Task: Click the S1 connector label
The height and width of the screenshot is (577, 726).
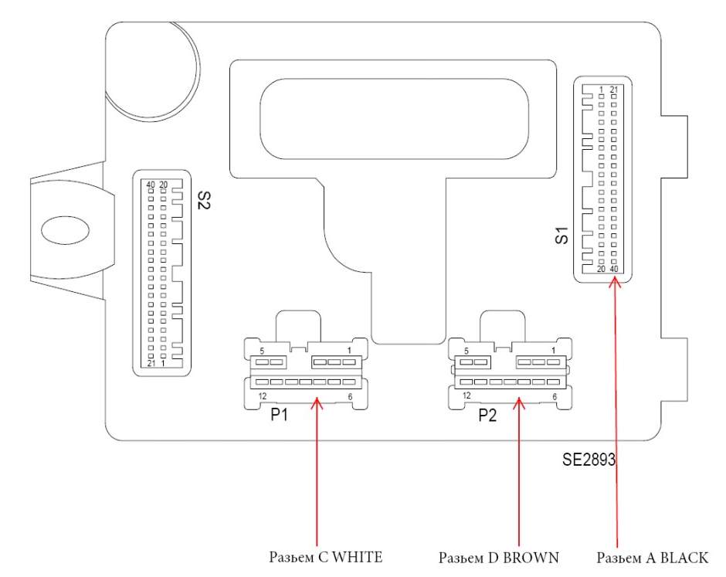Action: [x=562, y=236]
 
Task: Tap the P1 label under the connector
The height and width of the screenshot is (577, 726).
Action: [x=280, y=416]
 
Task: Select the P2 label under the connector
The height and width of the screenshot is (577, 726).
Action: [x=487, y=416]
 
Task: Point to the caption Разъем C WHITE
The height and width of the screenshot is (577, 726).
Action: [x=325, y=556]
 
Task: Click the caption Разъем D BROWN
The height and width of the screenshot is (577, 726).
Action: [x=498, y=556]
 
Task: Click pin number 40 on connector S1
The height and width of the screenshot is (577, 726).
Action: [x=614, y=268]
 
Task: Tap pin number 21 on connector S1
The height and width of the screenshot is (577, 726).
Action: [x=614, y=90]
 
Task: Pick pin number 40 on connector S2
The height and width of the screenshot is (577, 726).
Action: [x=151, y=184]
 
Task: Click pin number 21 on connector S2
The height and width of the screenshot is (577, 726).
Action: [x=151, y=363]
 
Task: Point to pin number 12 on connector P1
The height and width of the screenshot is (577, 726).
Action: [x=263, y=395]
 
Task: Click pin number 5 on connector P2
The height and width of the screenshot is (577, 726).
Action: [x=466, y=351]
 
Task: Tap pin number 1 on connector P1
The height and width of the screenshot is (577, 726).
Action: [x=349, y=351]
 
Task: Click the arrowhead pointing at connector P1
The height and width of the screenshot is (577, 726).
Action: [x=316, y=402]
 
